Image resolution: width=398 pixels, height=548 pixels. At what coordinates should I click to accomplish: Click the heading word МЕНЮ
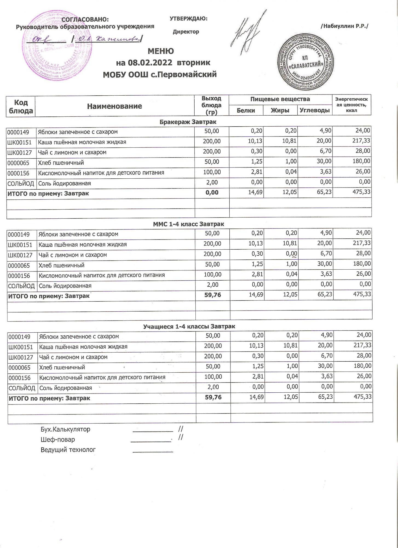pos(161,51)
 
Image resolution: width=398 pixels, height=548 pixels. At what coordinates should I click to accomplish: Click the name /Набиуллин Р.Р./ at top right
pos(344,26)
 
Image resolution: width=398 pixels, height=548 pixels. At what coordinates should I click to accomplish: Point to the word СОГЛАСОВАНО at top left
pos(85,19)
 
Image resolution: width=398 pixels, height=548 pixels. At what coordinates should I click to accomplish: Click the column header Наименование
pos(114,106)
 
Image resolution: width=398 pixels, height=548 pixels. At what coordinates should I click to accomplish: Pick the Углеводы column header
pos(315,110)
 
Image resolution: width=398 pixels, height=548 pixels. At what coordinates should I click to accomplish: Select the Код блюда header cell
pos(21,106)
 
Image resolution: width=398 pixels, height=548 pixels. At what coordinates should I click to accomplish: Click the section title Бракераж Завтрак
pos(188,122)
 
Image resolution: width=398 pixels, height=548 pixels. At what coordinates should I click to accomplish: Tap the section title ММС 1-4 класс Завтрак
pos(188,224)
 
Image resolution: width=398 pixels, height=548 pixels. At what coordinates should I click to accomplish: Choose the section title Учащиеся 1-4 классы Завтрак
pos(189,326)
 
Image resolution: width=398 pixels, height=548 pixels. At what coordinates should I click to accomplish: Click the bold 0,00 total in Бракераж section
pos(212,193)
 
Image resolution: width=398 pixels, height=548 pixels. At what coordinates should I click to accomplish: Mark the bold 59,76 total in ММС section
pos(212,295)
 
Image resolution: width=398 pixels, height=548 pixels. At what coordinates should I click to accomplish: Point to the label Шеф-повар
pos(58,439)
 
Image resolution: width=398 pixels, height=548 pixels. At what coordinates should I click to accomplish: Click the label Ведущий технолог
pos(68,450)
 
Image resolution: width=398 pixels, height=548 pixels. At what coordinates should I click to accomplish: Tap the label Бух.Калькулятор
pos(65,429)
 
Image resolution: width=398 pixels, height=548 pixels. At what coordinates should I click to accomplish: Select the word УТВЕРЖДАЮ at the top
pos(188,19)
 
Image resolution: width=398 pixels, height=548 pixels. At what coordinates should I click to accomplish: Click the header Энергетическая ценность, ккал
pos(351,105)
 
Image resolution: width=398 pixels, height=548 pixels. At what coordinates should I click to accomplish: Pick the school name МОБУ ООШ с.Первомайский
pos(160,74)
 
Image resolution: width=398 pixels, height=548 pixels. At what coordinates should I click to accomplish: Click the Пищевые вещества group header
pos(280,99)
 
